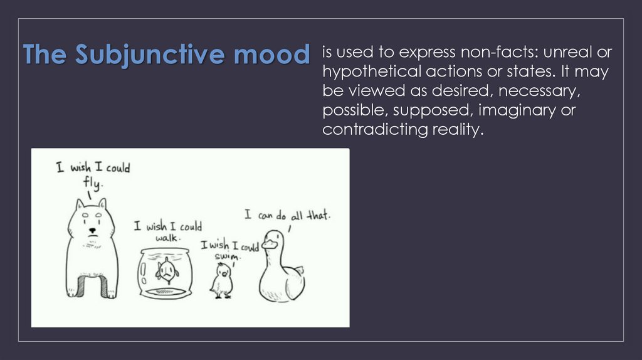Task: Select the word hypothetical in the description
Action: pyautogui.click(x=370, y=71)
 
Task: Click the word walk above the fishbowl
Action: pyautogui.click(x=168, y=238)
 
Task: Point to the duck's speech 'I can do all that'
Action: pyautogui.click(x=287, y=215)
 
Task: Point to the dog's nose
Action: pyautogui.click(x=93, y=230)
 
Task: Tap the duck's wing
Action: pyautogui.click(x=293, y=276)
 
